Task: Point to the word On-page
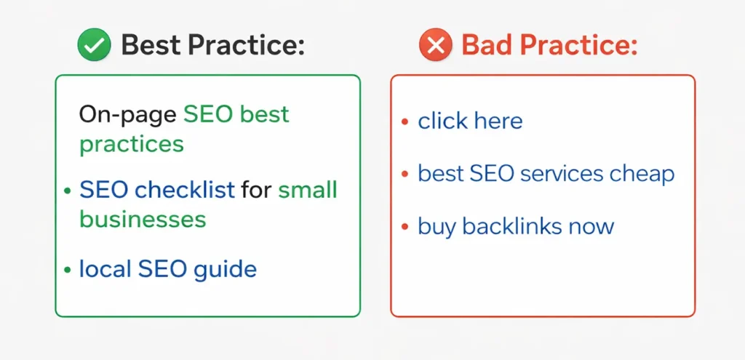(127, 115)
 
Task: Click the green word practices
(132, 143)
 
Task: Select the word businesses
(143, 219)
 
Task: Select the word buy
(437, 226)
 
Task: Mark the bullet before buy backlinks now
(405, 226)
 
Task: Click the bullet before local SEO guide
(67, 271)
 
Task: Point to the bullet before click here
(405, 121)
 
